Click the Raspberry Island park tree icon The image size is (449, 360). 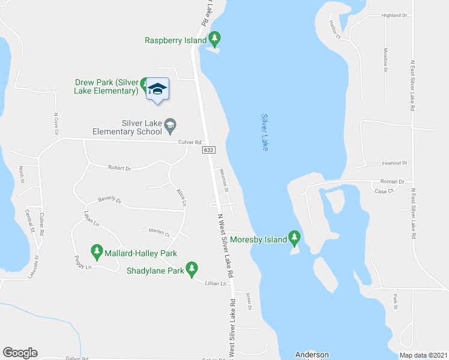(215, 40)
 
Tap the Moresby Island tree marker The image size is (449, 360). (294, 239)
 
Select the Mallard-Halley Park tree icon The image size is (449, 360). (97, 250)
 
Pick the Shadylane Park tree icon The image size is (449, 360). (191, 268)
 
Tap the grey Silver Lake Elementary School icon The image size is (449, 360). (170, 124)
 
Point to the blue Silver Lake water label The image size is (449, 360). (265, 132)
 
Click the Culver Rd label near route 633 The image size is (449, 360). (190, 142)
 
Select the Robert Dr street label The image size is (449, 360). (119, 168)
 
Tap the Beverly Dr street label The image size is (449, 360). (110, 200)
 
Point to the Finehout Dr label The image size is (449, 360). (395, 163)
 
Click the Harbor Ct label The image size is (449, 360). (334, 30)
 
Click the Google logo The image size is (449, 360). (20, 352)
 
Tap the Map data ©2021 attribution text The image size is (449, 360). (423, 355)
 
